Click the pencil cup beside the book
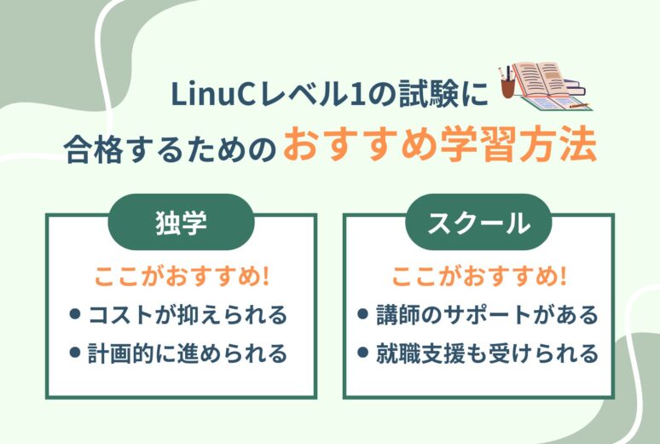click(x=508, y=83)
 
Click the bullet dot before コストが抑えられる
click(x=75, y=314)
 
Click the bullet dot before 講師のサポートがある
click(x=362, y=314)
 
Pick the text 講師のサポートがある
click(x=487, y=314)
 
